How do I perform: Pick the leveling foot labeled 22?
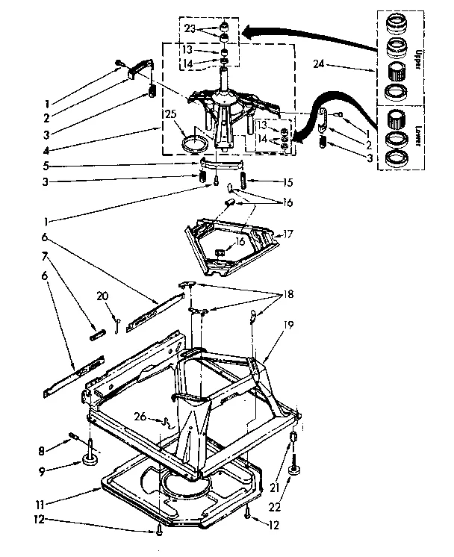(295, 468)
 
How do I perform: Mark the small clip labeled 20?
(119, 320)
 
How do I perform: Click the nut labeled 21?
(293, 437)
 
